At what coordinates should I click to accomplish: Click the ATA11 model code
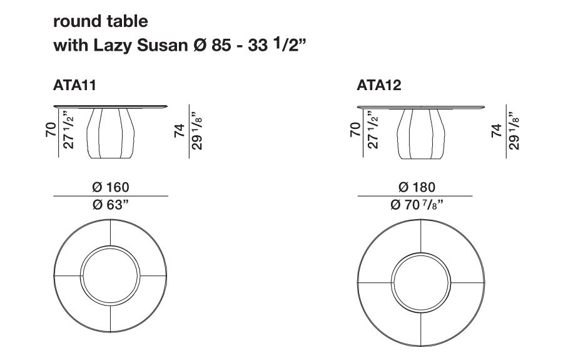(74, 85)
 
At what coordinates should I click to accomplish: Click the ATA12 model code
(379, 85)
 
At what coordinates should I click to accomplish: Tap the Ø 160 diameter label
(111, 187)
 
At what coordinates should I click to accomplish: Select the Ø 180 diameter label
(417, 187)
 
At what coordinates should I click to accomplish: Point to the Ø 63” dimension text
(111, 205)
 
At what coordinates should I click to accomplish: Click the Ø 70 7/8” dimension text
(417, 205)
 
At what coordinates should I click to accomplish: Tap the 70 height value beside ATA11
(51, 130)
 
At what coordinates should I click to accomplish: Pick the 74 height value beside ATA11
(180, 131)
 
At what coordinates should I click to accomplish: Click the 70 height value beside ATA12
(355, 130)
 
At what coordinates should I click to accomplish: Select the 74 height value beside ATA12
(497, 131)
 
